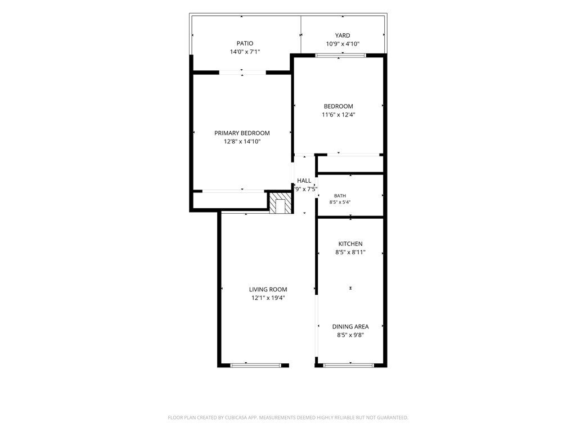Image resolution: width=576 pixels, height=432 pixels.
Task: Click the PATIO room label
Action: pyautogui.click(x=245, y=43)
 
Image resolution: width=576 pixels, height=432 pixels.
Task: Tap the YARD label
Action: pyautogui.click(x=343, y=35)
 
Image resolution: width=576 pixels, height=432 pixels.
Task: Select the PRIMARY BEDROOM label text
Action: pyautogui.click(x=242, y=133)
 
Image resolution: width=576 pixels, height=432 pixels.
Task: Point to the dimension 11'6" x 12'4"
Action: pyautogui.click(x=338, y=115)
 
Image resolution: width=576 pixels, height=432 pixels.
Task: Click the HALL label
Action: pyautogui.click(x=304, y=181)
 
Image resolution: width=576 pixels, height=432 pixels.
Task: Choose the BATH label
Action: pyautogui.click(x=340, y=196)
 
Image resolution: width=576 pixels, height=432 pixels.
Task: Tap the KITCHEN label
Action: pyautogui.click(x=350, y=244)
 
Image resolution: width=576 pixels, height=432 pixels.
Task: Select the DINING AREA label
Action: pyautogui.click(x=350, y=327)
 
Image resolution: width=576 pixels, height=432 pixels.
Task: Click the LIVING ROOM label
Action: pyautogui.click(x=268, y=290)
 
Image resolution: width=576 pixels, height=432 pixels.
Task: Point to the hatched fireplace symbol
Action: pyautogui.click(x=281, y=202)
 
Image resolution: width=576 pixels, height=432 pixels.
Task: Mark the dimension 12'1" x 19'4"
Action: pyautogui.click(x=268, y=298)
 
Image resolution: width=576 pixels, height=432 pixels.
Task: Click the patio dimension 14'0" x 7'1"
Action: pyautogui.click(x=245, y=52)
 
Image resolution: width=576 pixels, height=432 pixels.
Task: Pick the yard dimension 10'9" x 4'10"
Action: pyautogui.click(x=343, y=44)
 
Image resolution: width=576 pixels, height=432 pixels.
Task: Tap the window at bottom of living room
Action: pyautogui.click(x=255, y=366)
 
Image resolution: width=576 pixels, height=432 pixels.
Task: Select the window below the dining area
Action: pyautogui.click(x=348, y=366)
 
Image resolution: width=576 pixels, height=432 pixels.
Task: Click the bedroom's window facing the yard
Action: pyautogui.click(x=341, y=56)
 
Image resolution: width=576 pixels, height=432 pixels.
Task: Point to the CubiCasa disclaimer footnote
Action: pyautogui.click(x=288, y=418)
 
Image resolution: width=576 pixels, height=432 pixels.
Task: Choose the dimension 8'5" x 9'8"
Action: pyautogui.click(x=350, y=335)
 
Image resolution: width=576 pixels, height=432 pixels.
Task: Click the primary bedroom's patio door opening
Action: pyautogui.click(x=242, y=73)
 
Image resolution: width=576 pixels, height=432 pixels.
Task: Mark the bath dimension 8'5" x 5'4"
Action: pyautogui.click(x=340, y=202)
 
